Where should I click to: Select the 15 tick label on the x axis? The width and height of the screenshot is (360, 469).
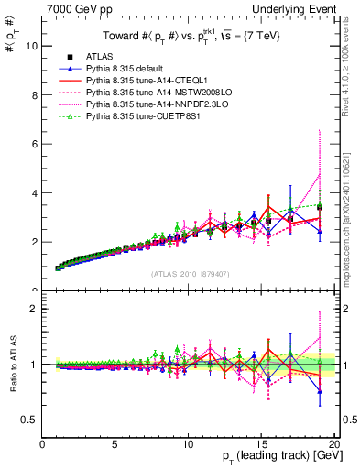coord(261,444)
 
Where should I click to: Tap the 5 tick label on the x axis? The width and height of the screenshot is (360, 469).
coord(115,444)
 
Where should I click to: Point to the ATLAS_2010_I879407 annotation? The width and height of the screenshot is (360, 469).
coord(190,272)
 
